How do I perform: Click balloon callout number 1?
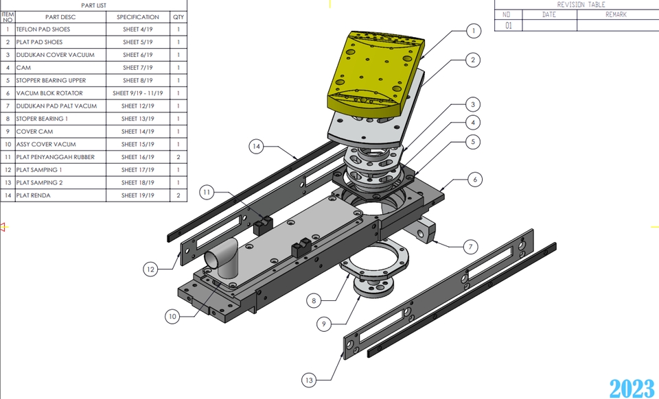coord(472,31)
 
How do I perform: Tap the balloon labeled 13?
coord(310,380)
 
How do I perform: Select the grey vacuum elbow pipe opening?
coord(213,261)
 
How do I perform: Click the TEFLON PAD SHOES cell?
coord(60,29)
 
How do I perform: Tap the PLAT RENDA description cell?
coord(60,195)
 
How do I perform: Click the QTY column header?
coord(178,17)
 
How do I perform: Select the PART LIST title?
coord(93,5)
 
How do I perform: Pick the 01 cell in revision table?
coord(508,25)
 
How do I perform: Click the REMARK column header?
coord(616,14)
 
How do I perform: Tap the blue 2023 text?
coord(632,387)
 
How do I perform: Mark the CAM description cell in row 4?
coord(60,68)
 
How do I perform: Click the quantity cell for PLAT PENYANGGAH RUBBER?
coord(178,157)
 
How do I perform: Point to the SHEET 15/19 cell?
coord(138,145)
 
